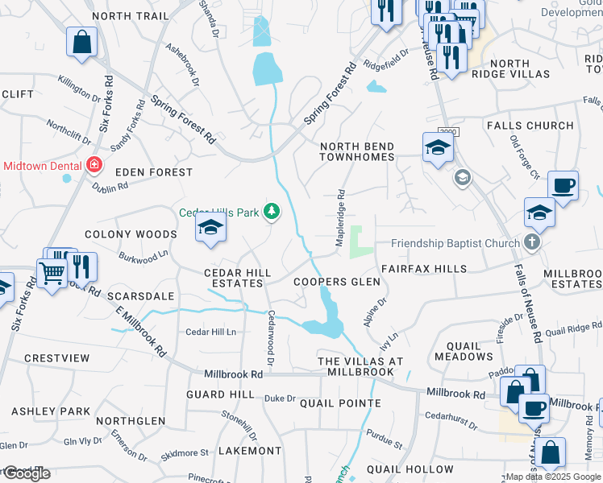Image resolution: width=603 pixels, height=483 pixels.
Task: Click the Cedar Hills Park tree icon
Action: coord(272,212)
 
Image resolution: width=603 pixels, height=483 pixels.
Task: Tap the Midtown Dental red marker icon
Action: coord(94,166)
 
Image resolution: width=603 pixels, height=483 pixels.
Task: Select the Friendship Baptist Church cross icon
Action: coord(530,242)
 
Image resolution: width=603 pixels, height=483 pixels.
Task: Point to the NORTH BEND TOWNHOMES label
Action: coord(357,152)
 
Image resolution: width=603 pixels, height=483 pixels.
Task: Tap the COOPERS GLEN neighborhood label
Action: coord(336,282)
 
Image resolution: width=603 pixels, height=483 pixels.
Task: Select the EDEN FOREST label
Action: coord(154,172)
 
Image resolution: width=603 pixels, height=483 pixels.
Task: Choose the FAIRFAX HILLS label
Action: coord(423,268)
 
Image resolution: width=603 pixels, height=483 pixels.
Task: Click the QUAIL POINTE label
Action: coord(339,403)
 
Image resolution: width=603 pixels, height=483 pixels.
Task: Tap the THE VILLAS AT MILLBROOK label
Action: coord(360,367)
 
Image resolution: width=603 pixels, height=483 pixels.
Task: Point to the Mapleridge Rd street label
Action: coord(341,217)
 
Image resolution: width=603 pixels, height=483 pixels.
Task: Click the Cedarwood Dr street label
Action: coord(271,338)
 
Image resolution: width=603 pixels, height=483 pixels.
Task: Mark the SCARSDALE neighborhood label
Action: coord(144,296)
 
